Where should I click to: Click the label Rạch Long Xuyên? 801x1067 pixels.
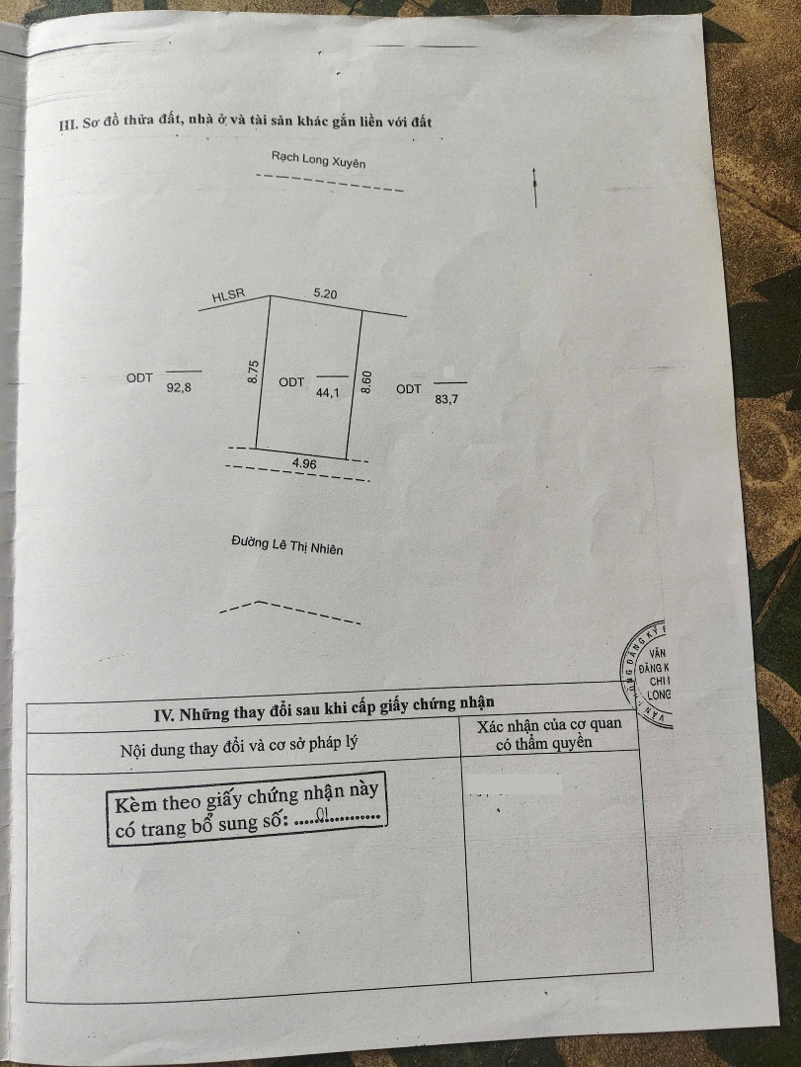(318, 159)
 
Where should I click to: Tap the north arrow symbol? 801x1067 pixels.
(534, 187)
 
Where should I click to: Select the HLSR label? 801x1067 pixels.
(227, 295)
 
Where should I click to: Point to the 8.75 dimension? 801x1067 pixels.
(253, 370)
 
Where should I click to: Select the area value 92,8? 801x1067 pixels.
(179, 388)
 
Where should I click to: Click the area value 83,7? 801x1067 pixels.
(447, 399)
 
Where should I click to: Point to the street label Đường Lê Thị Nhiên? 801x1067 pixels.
(287, 544)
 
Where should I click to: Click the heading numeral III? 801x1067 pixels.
(67, 124)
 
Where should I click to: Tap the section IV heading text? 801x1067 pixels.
(324, 707)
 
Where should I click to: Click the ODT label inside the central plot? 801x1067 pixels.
(291, 382)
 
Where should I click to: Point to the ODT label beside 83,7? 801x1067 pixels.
(409, 389)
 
